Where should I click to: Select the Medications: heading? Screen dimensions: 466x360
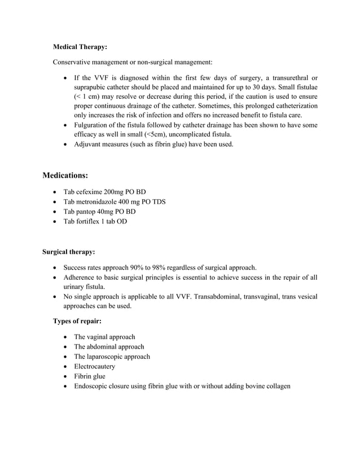click(x=65, y=175)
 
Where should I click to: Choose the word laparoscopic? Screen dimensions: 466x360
click(x=107, y=357)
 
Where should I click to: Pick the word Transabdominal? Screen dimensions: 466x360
click(x=221, y=296)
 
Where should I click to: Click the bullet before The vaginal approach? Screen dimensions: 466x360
click(x=67, y=337)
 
